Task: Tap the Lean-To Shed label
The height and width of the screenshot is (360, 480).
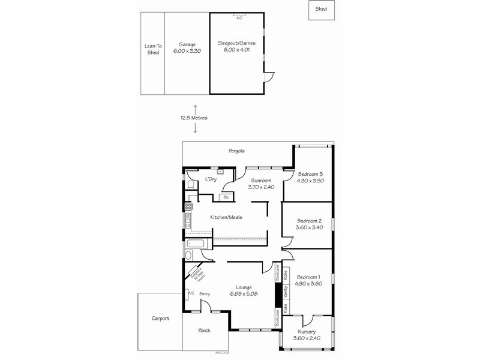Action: [153, 49]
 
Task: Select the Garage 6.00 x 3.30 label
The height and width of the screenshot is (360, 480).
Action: [187, 47]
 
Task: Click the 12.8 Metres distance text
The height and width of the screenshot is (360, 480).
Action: [195, 118]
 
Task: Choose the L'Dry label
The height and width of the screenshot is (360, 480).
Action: [211, 179]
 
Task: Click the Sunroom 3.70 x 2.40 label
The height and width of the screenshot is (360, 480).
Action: [261, 184]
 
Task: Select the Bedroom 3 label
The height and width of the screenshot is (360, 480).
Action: [311, 177]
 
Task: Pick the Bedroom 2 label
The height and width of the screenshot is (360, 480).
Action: [310, 224]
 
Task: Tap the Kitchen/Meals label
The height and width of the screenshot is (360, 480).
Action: [226, 217]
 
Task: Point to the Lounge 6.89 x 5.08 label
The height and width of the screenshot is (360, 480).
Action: [244, 290]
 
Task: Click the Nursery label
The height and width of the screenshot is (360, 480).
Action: [307, 335]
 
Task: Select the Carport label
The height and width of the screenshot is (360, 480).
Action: [160, 319]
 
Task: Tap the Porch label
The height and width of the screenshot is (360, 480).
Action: [204, 331]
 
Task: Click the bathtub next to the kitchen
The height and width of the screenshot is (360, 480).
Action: [197, 244]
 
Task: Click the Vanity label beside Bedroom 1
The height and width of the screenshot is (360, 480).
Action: [286, 292]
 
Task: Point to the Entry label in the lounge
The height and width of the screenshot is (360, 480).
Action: [205, 293]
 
